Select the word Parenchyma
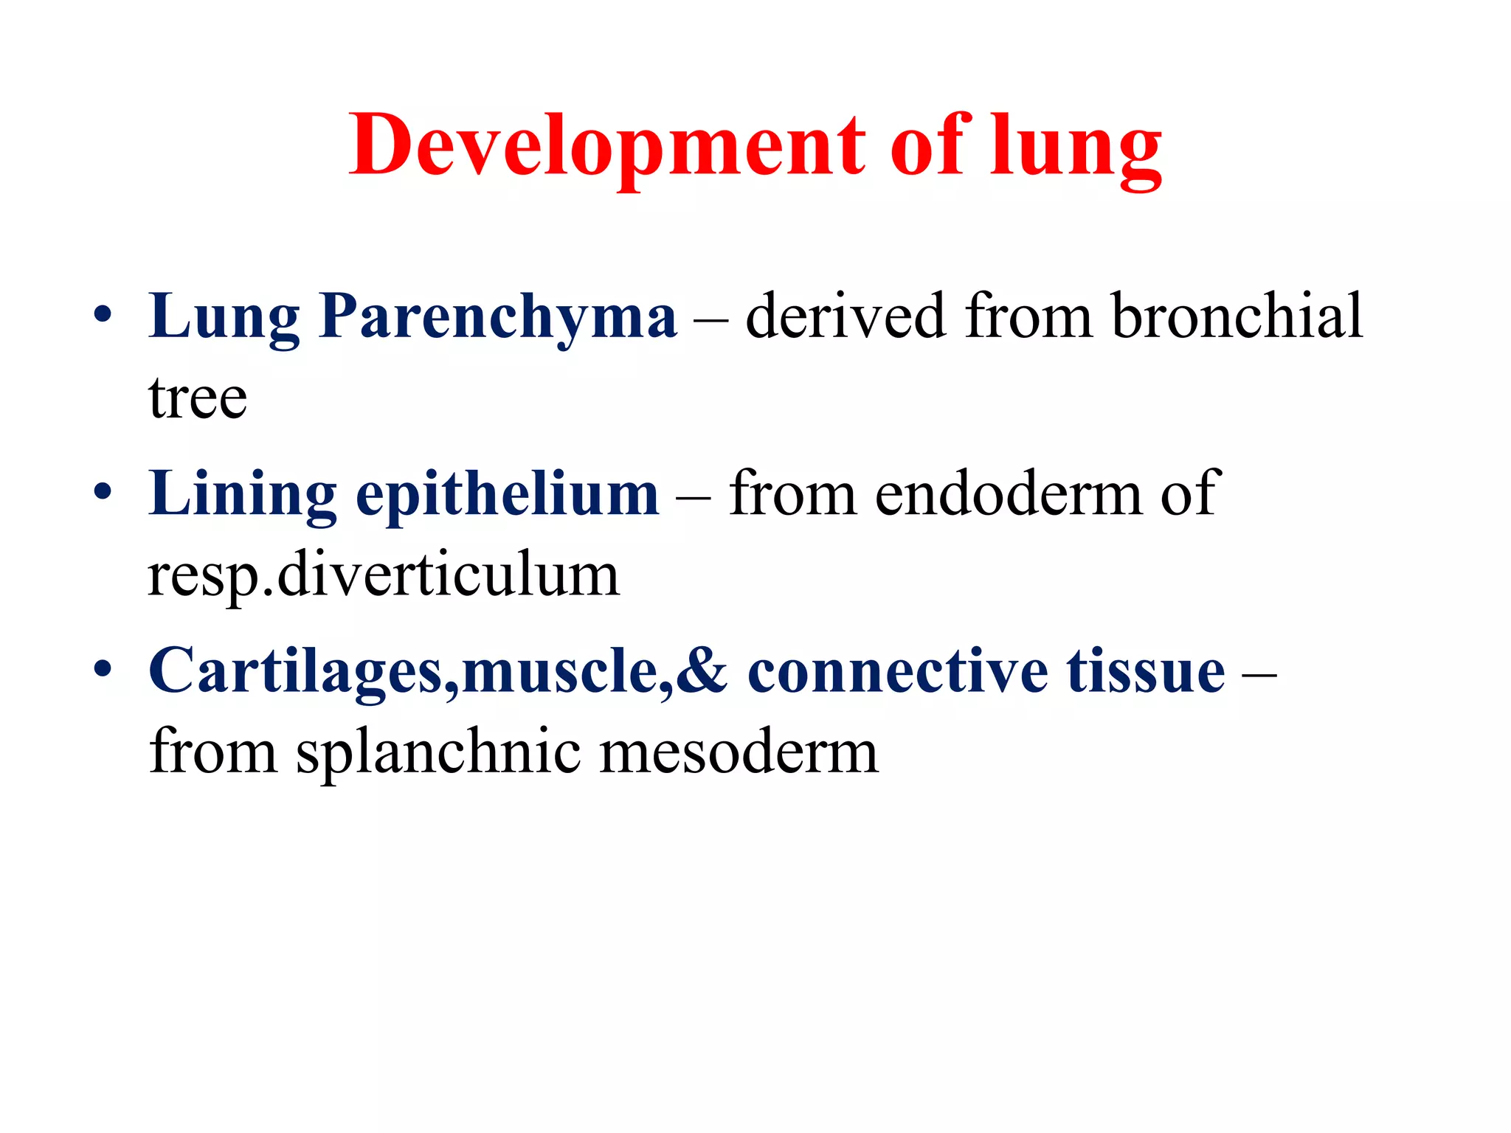(498, 317)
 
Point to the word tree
(198, 398)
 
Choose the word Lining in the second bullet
(242, 494)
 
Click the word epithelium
(508, 494)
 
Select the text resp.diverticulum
(384, 575)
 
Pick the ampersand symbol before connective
(702, 671)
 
